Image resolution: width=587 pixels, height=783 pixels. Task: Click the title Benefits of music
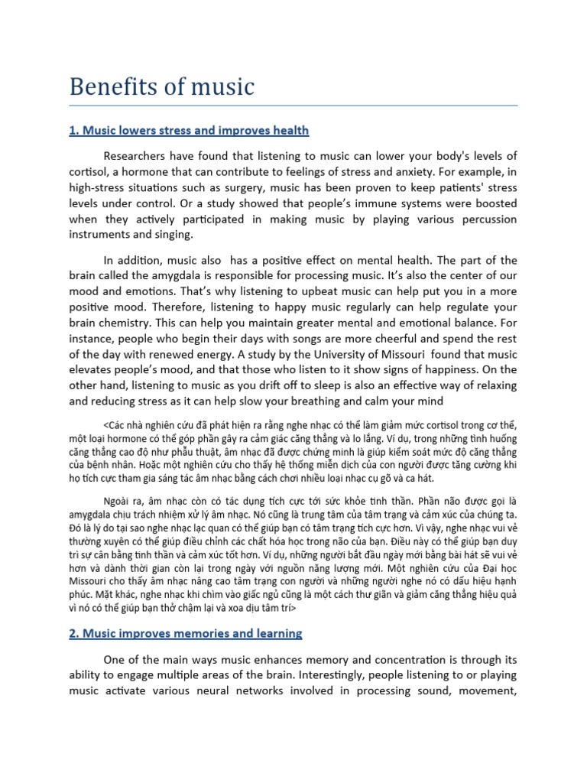coord(161,86)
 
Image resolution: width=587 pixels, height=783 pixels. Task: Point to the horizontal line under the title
coord(293,106)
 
